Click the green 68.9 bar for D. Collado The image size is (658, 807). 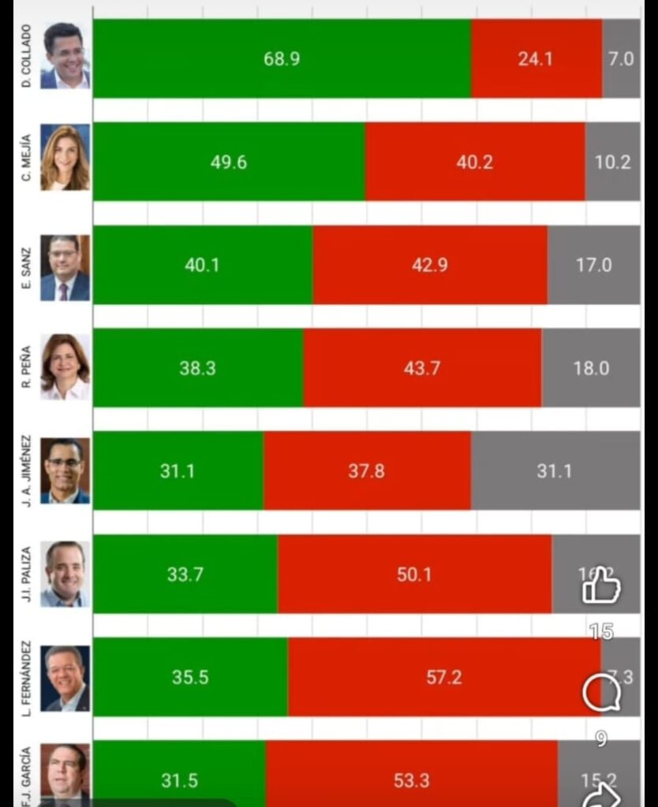282,59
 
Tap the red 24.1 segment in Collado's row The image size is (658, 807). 536,59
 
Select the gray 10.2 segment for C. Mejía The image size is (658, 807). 613,162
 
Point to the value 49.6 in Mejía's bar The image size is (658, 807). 229,162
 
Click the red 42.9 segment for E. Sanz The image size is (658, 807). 430,266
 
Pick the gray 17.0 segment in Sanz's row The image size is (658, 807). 593,266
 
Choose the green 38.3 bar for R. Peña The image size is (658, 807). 197,368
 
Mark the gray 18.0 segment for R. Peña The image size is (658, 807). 591,368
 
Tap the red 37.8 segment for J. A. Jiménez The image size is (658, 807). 367,471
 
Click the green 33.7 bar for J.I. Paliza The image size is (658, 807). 185,575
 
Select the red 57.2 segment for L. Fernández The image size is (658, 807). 443,677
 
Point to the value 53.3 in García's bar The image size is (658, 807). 412,780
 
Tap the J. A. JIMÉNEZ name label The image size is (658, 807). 26,470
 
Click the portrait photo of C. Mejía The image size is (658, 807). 65,158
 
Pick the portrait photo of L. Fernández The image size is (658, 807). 65,679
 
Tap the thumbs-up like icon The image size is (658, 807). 601,586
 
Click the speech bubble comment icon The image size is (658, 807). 601,694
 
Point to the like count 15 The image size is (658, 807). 601,632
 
